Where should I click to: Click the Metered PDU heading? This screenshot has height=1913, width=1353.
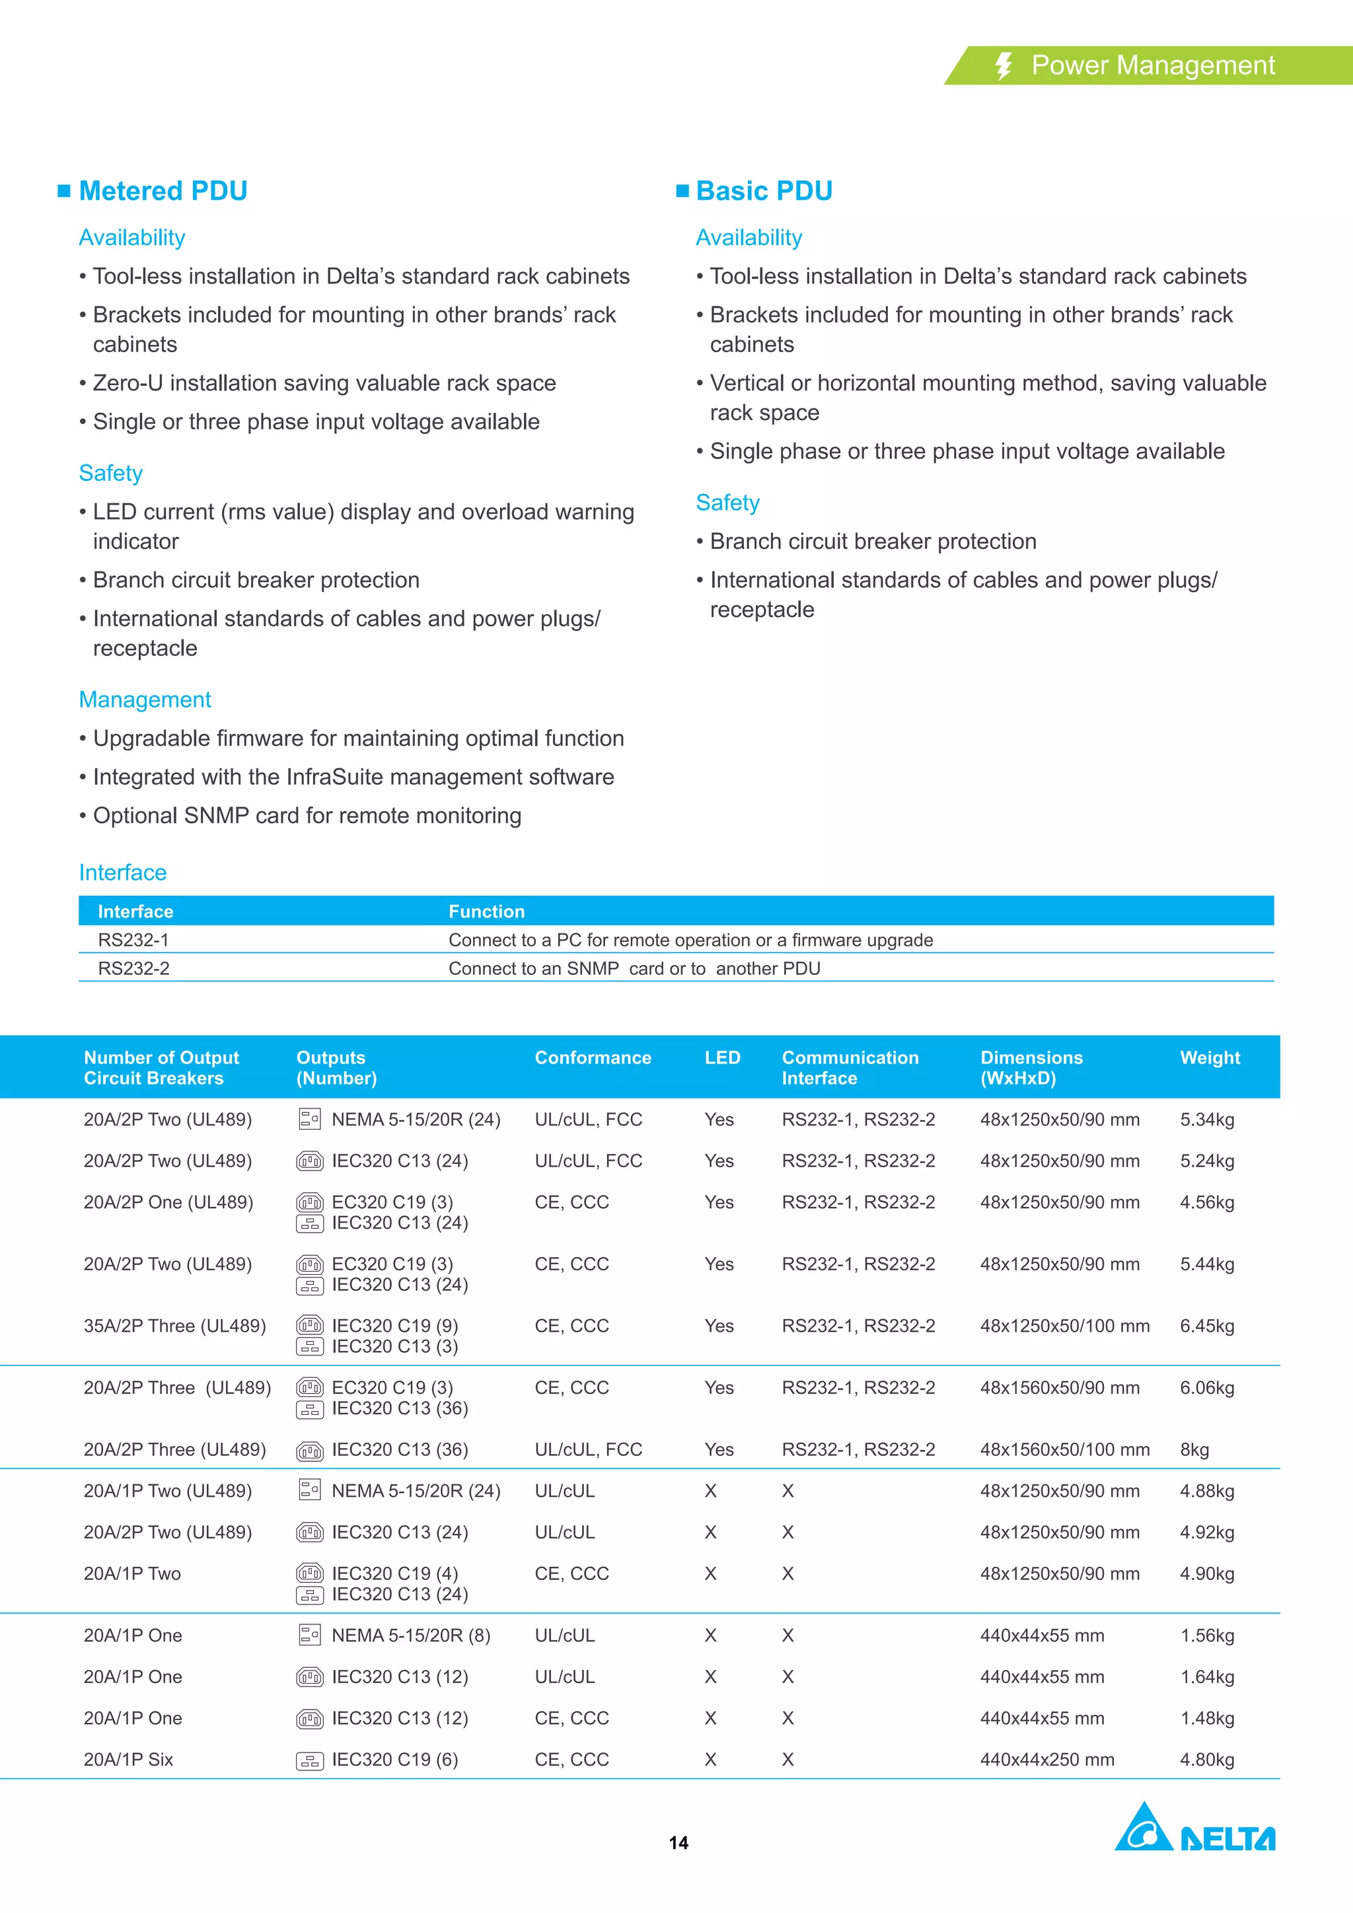coord(163,191)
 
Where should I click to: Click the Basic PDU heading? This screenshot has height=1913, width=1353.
coord(763,191)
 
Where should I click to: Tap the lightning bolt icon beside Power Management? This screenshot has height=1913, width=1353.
coord(1004,66)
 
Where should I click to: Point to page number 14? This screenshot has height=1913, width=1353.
coord(678,1842)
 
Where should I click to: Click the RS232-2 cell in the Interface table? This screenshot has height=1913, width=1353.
coord(133,968)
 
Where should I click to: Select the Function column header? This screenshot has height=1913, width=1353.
coord(486,911)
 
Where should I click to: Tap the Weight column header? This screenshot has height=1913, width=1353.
coord(1210,1058)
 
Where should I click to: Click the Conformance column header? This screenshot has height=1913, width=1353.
coord(593,1058)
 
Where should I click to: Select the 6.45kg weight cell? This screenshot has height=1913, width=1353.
coord(1206,1326)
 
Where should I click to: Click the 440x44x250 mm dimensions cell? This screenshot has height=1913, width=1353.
coord(1046,1759)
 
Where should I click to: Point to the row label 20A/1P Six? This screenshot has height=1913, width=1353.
coord(128,1759)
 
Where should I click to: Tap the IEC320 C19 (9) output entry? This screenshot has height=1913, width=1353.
coord(394,1326)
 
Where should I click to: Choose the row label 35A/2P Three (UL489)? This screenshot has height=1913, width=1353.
coord(174,1326)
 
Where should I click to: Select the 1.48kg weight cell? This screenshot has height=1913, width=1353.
coord(1206,1717)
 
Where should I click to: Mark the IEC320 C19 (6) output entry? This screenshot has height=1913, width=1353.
coord(394,1759)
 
